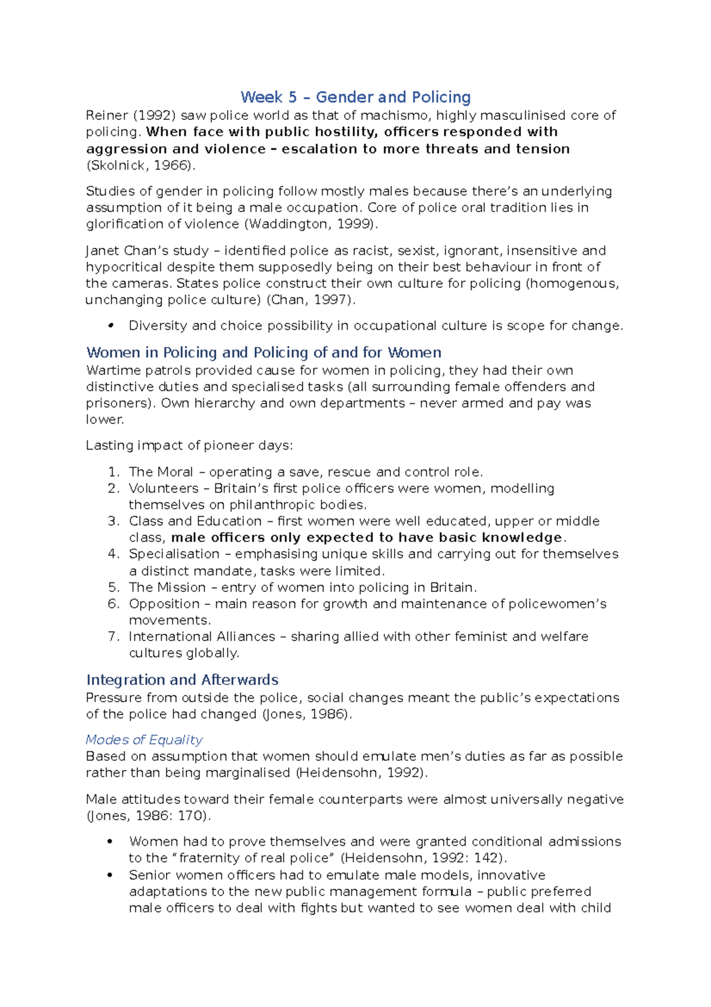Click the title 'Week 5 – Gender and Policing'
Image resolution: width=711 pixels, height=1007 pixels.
click(x=355, y=97)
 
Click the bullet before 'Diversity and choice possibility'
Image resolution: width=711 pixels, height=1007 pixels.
click(x=110, y=326)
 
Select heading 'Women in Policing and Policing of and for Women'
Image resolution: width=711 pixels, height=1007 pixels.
click(x=264, y=353)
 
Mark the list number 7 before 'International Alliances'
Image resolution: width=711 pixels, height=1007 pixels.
click(x=114, y=637)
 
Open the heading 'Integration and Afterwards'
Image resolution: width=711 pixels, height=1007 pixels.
click(x=182, y=680)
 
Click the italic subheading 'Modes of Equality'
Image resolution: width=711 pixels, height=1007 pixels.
click(x=144, y=740)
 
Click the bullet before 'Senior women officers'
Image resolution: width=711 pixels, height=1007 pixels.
click(x=110, y=875)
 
